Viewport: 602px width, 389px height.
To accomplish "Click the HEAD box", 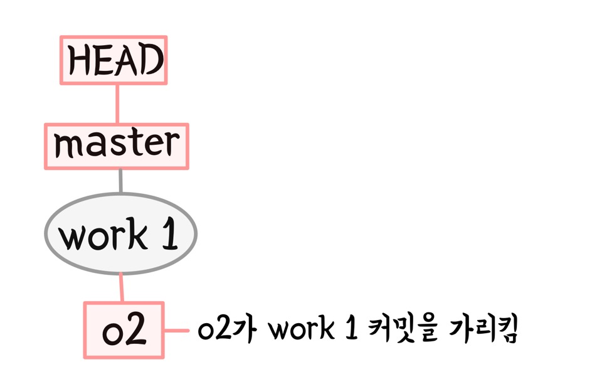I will tap(114, 60).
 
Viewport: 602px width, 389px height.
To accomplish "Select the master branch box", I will tap(116, 146).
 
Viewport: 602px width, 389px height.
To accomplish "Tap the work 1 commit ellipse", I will tap(120, 234).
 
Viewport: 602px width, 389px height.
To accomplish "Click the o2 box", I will tap(124, 331).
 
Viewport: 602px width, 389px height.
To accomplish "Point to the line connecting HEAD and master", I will tap(117, 104).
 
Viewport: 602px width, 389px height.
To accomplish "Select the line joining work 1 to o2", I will tap(121, 288).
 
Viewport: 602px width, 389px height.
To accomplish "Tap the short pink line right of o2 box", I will tap(176, 331).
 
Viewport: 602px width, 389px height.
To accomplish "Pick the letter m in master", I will tap(66, 146).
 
